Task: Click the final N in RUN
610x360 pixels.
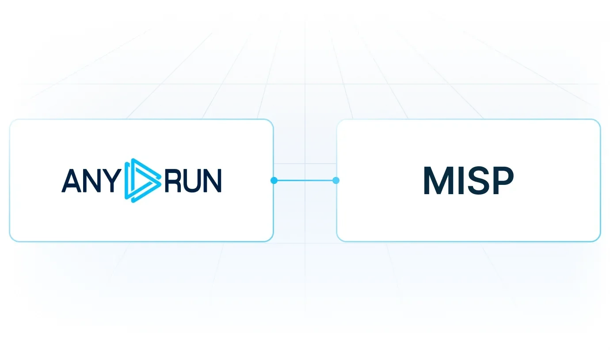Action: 213,181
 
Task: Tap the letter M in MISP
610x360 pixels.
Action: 437,180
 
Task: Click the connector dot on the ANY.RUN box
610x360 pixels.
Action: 274,180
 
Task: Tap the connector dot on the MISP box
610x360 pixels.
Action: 336,180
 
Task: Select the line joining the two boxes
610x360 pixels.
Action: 305,180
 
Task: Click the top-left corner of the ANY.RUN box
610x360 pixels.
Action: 10,119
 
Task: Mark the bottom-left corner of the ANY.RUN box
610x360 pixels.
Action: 10,241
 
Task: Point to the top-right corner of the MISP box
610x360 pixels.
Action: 600,119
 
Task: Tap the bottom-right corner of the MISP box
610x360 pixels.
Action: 600,241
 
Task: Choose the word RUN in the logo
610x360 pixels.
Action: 193,181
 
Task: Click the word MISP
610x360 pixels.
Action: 469,180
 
